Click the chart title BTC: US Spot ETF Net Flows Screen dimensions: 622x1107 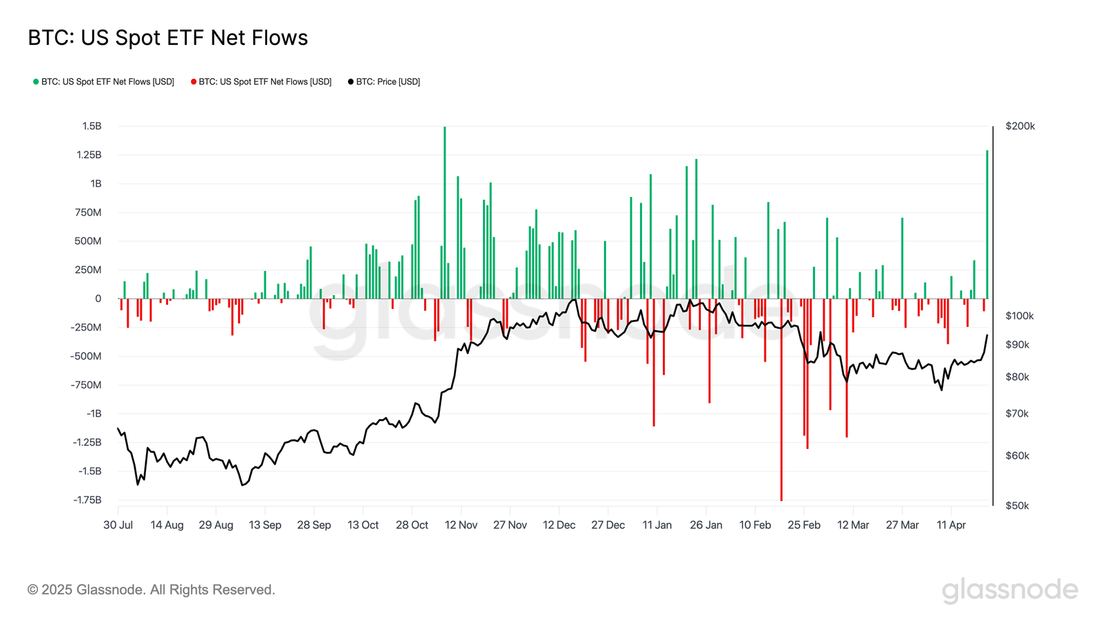167,38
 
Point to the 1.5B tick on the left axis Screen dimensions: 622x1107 92,126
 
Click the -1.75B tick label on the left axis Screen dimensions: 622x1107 87,500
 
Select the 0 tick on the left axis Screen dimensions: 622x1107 98,299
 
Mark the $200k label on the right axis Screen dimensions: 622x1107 1020,126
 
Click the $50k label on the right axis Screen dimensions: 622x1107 1017,506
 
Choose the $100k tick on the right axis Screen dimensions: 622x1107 1019,316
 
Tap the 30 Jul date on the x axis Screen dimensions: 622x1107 118,525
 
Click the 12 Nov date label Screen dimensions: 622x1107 461,525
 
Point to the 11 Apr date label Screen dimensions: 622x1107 951,525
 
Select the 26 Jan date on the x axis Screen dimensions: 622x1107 706,525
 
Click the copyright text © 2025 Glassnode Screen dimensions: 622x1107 152,590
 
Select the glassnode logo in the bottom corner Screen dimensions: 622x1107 1009,590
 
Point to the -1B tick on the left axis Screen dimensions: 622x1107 94,413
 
